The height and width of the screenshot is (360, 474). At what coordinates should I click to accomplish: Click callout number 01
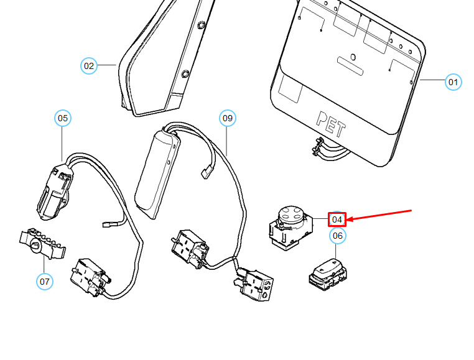[453, 81]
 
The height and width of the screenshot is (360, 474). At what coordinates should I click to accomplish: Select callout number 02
[89, 65]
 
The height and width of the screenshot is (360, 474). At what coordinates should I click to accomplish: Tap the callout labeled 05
[63, 118]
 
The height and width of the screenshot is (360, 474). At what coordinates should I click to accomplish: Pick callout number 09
[227, 118]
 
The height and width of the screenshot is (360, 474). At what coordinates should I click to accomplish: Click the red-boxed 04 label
[337, 219]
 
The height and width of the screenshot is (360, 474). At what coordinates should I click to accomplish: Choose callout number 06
[337, 236]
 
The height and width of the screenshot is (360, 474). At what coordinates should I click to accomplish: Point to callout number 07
[44, 282]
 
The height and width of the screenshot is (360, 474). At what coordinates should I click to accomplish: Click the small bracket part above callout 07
[42, 243]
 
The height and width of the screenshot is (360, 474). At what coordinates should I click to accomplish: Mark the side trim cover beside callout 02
[162, 62]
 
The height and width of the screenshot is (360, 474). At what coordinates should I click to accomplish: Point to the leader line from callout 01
[433, 81]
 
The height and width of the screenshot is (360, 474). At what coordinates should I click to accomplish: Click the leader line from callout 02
[107, 65]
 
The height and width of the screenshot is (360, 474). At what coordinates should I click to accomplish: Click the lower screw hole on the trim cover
[185, 74]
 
